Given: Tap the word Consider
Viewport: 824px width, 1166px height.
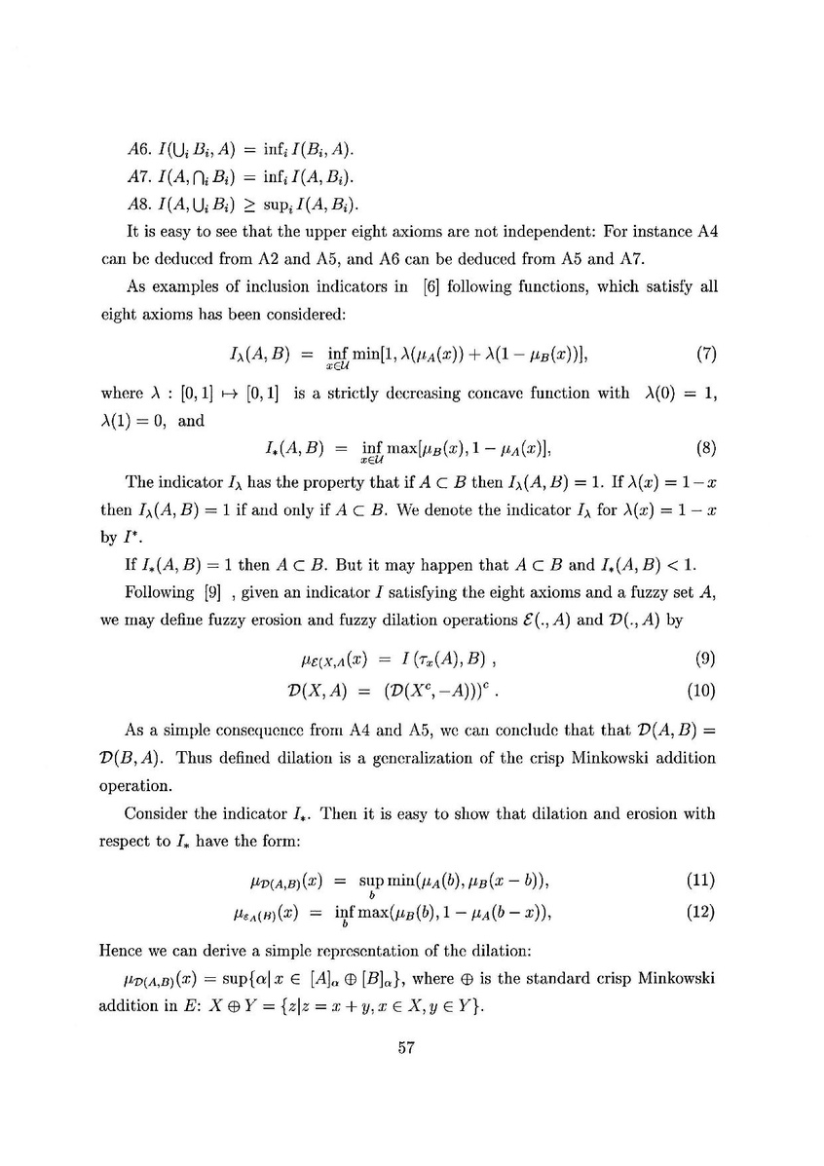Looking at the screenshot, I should pyautogui.click(x=154, y=811).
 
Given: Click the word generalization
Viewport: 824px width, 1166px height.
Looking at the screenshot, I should pyautogui.click(x=414, y=757).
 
